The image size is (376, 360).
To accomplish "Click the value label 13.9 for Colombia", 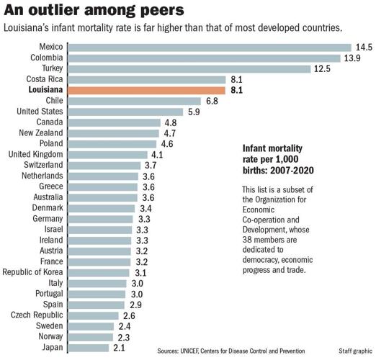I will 354,57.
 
